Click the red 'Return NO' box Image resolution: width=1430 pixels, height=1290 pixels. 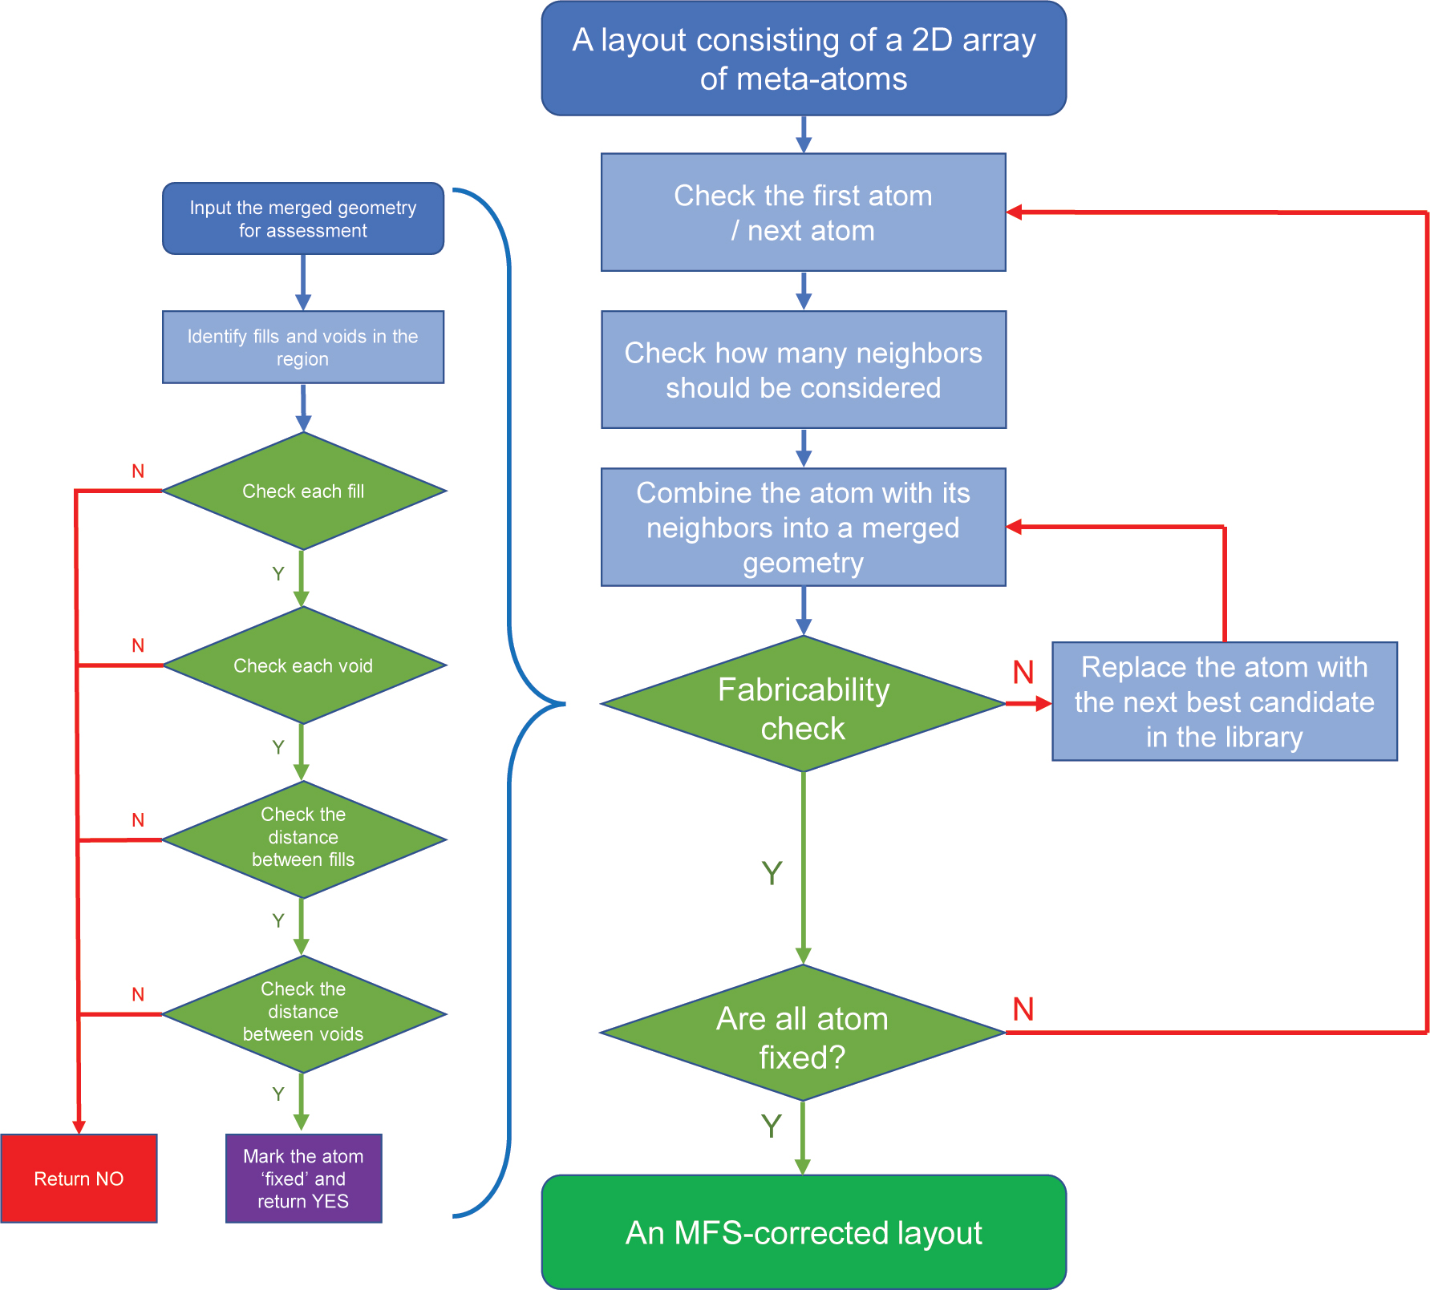79,1178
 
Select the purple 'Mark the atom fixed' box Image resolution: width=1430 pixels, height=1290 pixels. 303,1178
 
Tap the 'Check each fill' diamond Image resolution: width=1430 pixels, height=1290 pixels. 303,491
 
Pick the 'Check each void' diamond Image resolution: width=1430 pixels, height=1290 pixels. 303,665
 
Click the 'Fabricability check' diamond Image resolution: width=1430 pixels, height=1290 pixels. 803,705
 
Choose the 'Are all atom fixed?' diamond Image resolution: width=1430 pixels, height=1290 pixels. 803,1033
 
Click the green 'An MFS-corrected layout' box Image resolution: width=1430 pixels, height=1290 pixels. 804,1232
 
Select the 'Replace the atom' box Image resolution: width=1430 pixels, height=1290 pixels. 1224,702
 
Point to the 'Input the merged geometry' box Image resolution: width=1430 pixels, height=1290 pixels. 303,219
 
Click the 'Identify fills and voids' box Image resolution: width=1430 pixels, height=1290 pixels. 303,347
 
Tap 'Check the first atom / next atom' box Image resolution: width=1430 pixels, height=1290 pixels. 803,212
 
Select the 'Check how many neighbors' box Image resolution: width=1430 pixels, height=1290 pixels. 803,370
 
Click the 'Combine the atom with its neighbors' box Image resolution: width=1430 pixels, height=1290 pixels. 803,527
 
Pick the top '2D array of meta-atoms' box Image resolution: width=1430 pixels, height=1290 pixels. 804,59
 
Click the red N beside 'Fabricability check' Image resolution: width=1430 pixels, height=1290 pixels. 1023,672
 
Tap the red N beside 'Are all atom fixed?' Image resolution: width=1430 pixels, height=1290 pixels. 1023,1009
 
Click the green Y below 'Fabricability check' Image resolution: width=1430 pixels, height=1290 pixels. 772,873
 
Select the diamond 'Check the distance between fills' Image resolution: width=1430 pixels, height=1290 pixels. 303,839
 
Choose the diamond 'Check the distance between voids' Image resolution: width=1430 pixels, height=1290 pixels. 303,1013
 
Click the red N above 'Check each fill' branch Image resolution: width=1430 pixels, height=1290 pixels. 138,471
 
